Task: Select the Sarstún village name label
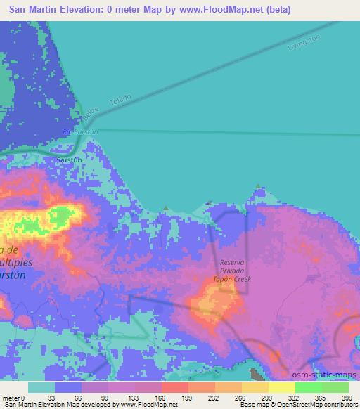pos(69,160)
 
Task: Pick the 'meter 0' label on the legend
pos(14,398)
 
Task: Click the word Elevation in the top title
pos(77,10)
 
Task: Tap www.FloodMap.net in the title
pos(210,10)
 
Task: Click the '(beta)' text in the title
pos(275,10)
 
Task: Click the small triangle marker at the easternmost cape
pos(260,187)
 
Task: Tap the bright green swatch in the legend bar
pos(308,387)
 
